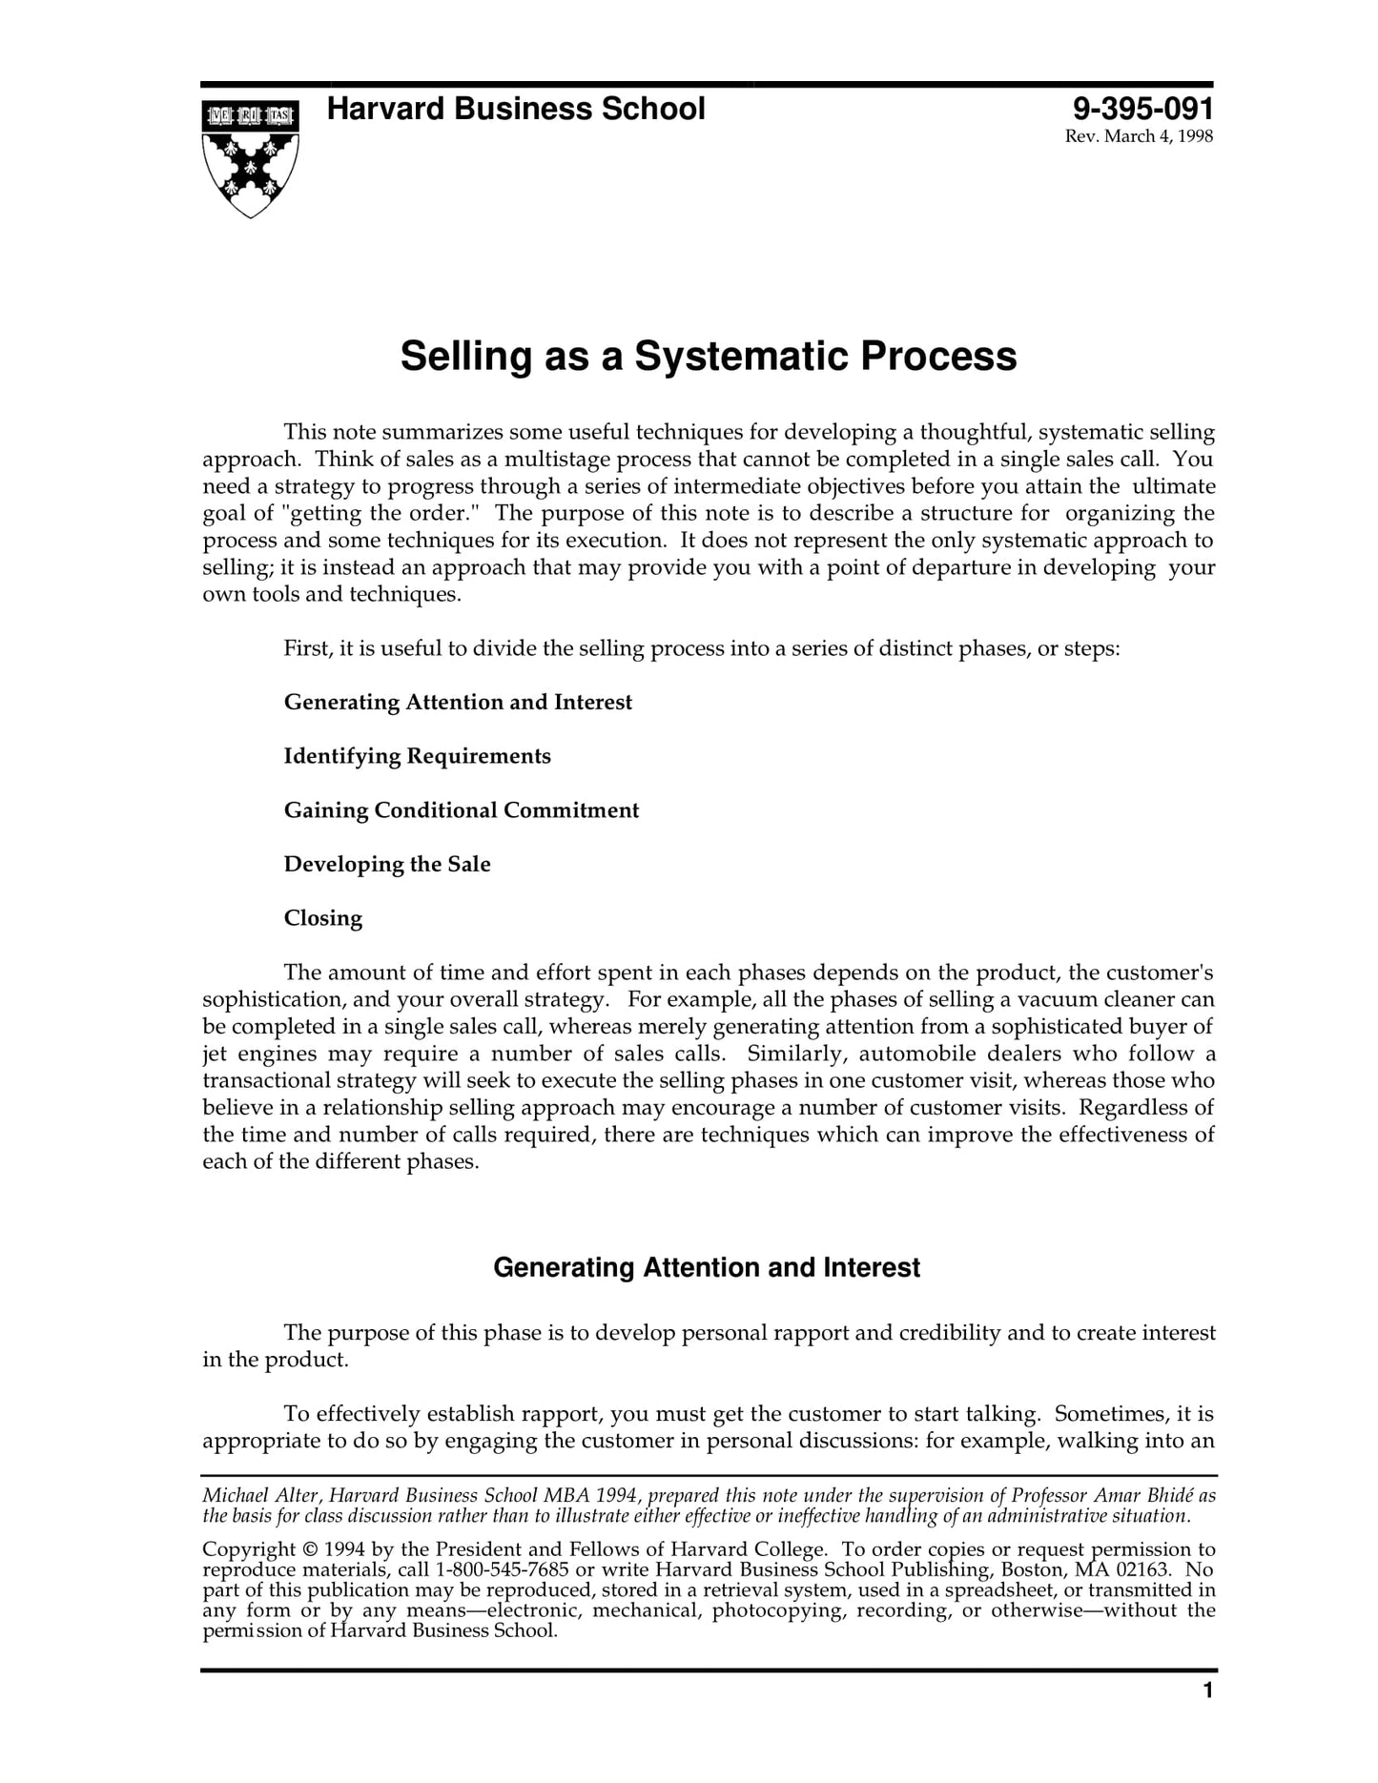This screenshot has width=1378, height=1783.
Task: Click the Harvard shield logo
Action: (x=250, y=158)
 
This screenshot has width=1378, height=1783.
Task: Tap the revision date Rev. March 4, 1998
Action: (x=1138, y=136)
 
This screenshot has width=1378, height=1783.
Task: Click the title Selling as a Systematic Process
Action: (x=708, y=357)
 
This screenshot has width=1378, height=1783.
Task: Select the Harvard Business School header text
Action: (x=515, y=109)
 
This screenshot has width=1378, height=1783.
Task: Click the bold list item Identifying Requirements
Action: (x=417, y=756)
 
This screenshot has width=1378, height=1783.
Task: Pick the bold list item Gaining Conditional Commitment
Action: (x=461, y=810)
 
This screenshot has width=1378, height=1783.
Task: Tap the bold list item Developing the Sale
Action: (x=387, y=865)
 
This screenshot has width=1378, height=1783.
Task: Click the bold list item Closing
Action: (x=322, y=918)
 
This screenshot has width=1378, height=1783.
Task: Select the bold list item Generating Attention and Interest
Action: (x=458, y=703)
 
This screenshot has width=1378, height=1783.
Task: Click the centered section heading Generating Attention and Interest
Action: (x=706, y=1268)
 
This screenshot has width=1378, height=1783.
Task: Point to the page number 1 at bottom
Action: (x=1207, y=1691)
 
